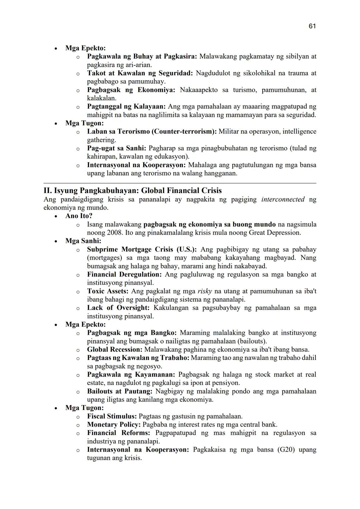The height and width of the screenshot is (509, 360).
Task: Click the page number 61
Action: point(312,26)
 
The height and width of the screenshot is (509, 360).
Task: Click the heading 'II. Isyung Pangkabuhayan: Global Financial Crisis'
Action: point(132,191)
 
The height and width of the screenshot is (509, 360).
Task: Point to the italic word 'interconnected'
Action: point(283,199)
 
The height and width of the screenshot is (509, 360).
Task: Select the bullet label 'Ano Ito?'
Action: point(79,216)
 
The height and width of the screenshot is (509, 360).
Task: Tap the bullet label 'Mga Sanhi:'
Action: point(83,241)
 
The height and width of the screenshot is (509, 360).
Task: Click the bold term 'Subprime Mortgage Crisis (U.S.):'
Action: point(142,249)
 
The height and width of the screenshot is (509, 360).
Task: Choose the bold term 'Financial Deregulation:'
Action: point(124,274)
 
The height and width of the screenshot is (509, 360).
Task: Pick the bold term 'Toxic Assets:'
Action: point(108,291)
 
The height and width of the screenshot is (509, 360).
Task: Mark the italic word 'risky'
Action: point(205,291)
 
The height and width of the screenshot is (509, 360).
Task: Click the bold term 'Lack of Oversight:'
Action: point(118,308)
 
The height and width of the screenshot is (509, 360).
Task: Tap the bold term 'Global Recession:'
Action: point(115,349)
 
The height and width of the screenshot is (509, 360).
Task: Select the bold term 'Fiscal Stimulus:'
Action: point(112,416)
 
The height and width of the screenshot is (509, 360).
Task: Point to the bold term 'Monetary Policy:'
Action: point(114,424)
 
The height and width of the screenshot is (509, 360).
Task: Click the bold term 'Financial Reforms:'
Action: point(118,433)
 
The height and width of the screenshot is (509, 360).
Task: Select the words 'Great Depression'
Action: point(275,233)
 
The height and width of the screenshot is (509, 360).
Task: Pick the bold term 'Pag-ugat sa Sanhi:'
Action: point(117,148)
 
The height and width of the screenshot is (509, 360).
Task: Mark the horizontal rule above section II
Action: point(180,183)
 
